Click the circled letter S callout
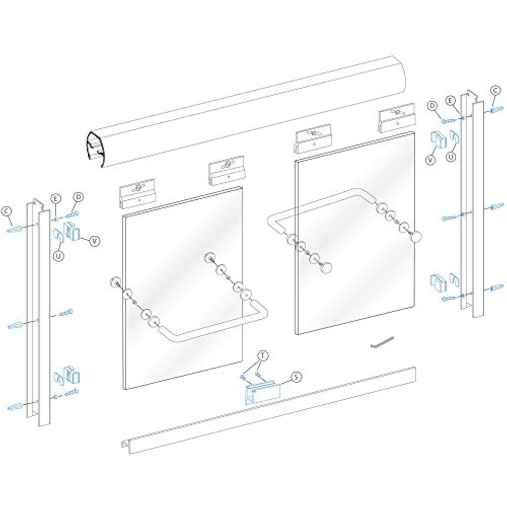point(297,376)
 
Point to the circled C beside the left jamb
point(7,210)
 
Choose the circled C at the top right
point(496,90)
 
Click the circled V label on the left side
point(94,241)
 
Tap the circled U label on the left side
point(59,257)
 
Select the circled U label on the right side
point(451,157)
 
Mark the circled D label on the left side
point(79,197)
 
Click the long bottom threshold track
point(269,411)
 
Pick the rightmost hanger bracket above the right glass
point(397,120)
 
